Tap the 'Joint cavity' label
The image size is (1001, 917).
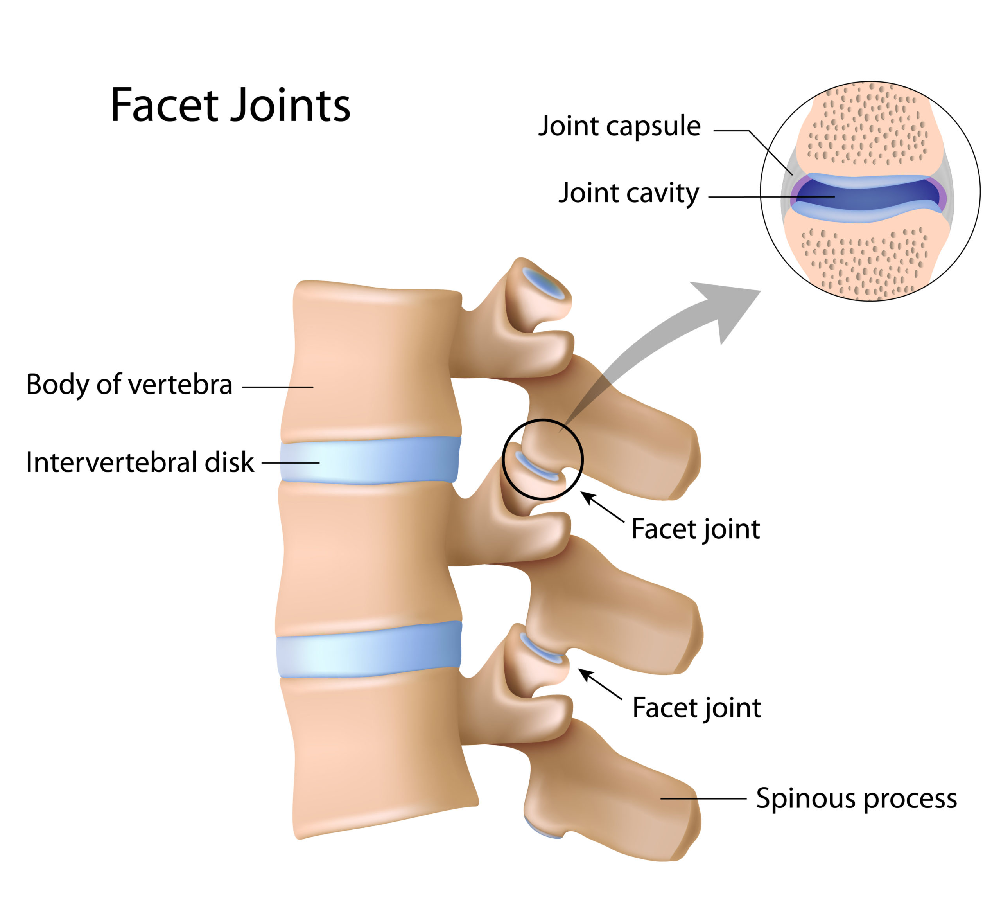629,193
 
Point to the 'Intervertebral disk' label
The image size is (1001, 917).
140,462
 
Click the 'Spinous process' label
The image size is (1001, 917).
856,799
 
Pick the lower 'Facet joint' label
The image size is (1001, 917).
696,707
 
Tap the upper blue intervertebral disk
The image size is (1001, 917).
370,460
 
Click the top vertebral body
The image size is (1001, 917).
372,363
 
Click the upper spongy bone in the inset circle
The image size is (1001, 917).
869,129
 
